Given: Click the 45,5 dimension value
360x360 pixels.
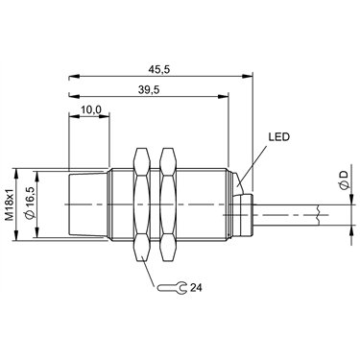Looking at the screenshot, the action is (x=160, y=70).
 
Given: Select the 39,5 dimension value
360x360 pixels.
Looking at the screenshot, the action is (x=149, y=90).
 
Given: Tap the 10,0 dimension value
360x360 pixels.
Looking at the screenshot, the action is (x=91, y=109).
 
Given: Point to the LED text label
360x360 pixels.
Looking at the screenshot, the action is (x=278, y=137).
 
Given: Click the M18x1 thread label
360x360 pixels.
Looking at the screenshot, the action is (x=10, y=204).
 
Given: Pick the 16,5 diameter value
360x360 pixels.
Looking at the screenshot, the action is (x=29, y=204).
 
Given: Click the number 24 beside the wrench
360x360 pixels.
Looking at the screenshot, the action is (x=196, y=288).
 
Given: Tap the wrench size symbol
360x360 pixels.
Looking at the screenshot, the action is (x=172, y=288).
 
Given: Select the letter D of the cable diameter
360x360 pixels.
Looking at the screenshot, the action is (x=344, y=175).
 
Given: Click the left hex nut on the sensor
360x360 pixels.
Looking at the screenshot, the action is (x=142, y=204).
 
